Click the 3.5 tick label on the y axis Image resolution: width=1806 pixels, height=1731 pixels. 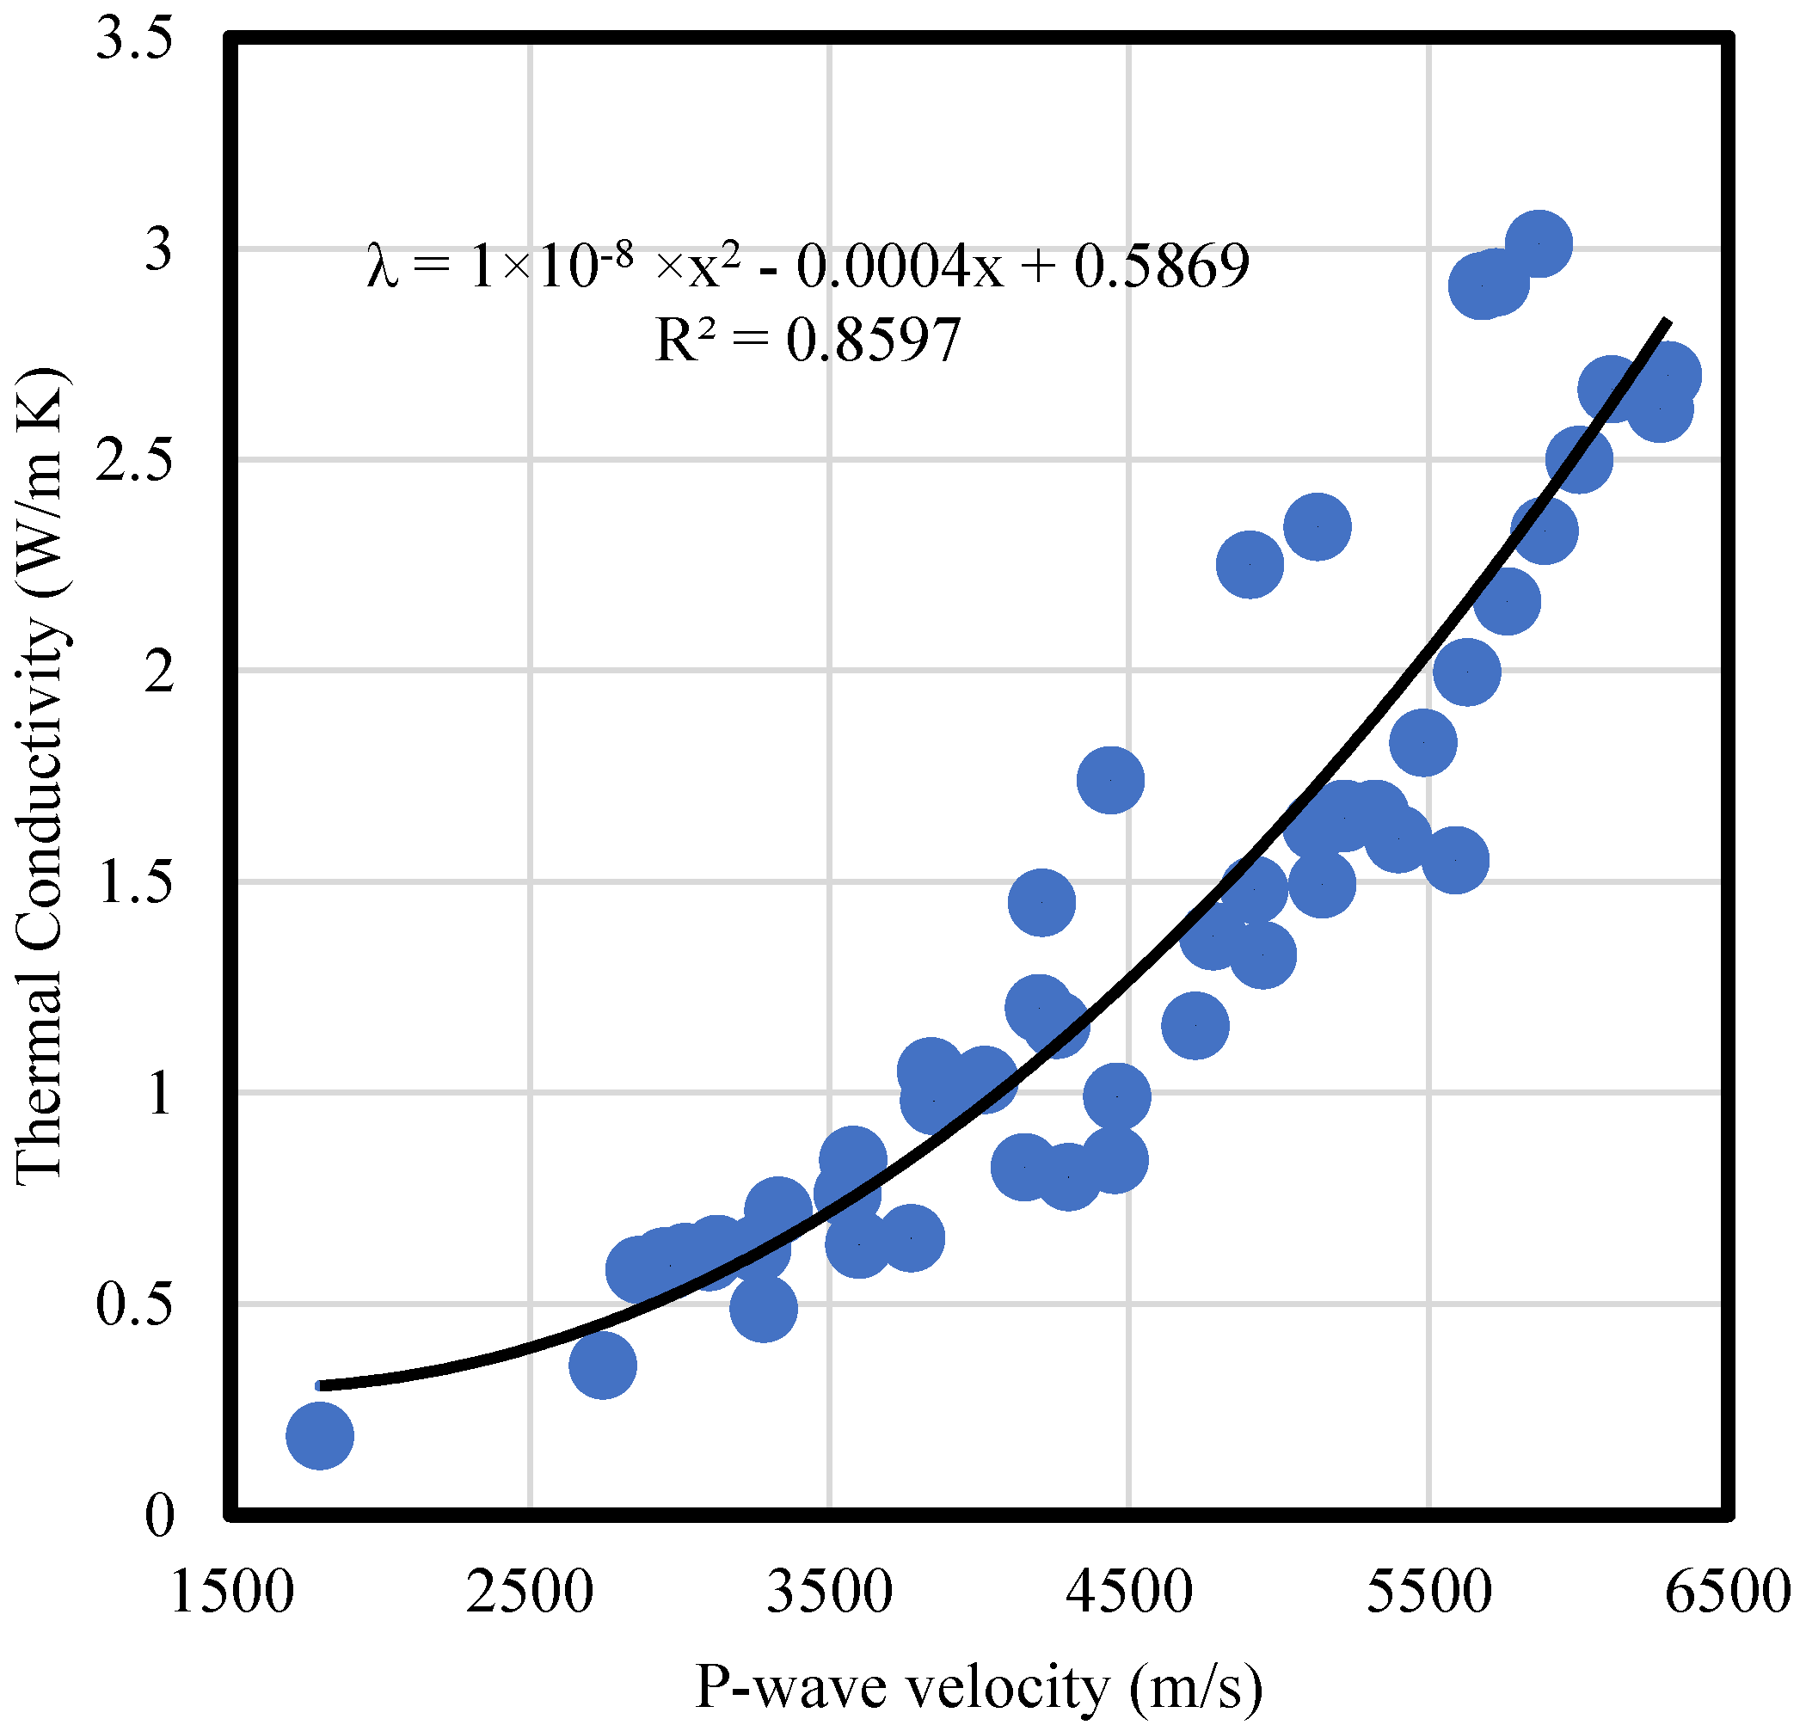pyautogui.click(x=134, y=40)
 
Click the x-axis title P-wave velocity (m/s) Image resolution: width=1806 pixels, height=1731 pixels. pyautogui.click(x=979, y=1688)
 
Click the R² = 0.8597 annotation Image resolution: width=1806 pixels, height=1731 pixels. pyautogui.click(x=808, y=340)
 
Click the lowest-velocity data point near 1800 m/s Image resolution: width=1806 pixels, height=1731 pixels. pyautogui.click(x=320, y=1435)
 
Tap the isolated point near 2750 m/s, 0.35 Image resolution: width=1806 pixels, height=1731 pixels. pyautogui.click(x=603, y=1366)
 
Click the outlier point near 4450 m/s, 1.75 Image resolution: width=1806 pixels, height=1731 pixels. pyautogui.click(x=1110, y=780)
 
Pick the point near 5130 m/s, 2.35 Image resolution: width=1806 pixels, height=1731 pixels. pyautogui.click(x=1317, y=526)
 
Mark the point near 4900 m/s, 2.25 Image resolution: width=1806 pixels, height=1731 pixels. pyautogui.click(x=1250, y=564)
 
